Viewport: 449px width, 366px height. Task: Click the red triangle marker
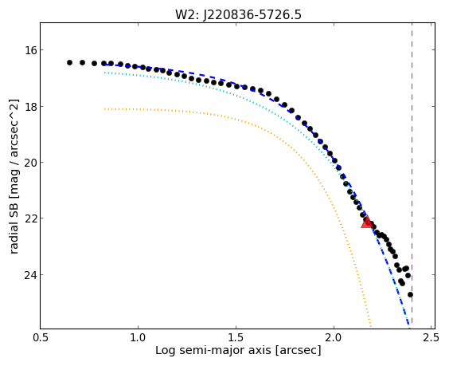pyautogui.click(x=367, y=222)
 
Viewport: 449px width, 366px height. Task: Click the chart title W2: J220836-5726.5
pyautogui.click(x=238, y=14)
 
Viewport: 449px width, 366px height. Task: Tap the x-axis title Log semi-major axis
pyautogui.click(x=238, y=350)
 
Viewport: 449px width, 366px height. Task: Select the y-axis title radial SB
pyautogui.click(x=14, y=177)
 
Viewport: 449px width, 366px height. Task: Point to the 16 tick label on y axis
pyautogui.click(x=30, y=50)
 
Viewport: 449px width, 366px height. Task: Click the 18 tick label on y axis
pyautogui.click(x=30, y=106)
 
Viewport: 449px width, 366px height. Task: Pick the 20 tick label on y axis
pyautogui.click(x=30, y=163)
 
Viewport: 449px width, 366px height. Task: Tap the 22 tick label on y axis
pyautogui.click(x=30, y=218)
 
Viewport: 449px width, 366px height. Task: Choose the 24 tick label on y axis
pyautogui.click(x=30, y=275)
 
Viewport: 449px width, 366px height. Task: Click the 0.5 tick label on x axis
pyautogui.click(x=41, y=337)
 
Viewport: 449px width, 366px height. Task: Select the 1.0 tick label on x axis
pyautogui.click(x=138, y=337)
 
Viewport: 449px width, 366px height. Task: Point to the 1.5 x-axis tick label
pyautogui.click(x=236, y=337)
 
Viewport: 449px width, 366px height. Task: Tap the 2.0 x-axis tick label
pyautogui.click(x=334, y=337)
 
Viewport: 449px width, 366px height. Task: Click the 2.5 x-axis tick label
pyautogui.click(x=431, y=337)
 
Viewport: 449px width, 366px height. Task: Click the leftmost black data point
pyautogui.click(x=69, y=62)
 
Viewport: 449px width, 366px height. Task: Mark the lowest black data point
pyautogui.click(x=410, y=294)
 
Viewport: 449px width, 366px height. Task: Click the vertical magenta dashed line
pyautogui.click(x=412, y=175)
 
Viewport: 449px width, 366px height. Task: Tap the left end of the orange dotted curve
pyautogui.click(x=105, y=109)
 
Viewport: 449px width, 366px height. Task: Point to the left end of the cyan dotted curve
pyautogui.click(x=105, y=73)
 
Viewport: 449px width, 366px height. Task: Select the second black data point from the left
pyautogui.click(x=83, y=62)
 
